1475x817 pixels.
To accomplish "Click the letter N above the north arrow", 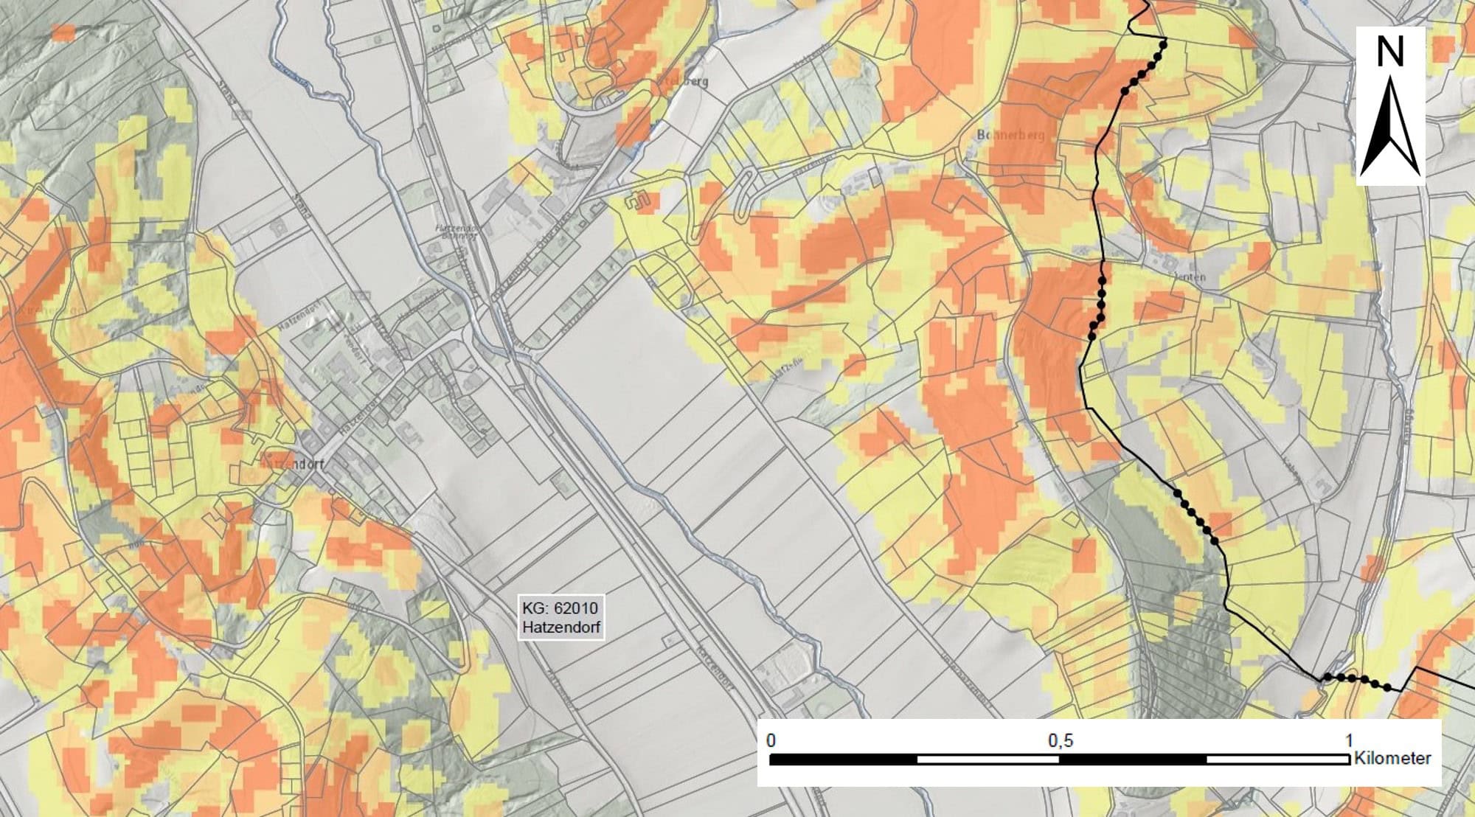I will point(1389,52).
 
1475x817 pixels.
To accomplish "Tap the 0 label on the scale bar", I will point(771,740).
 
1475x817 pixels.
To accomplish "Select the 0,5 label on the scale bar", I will point(1060,740).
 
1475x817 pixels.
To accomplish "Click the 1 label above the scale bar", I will point(1349,740).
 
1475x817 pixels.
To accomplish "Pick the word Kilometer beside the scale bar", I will point(1392,759).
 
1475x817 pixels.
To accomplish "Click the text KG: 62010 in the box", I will point(560,609).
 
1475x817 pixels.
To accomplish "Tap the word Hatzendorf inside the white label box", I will point(561,628).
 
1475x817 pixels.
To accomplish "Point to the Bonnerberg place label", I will point(1010,136).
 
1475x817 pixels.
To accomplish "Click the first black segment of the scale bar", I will point(844,759).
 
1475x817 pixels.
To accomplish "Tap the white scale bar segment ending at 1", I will point(1277,759).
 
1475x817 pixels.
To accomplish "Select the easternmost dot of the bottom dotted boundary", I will point(1388,688).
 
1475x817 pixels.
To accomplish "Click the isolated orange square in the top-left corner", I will point(64,32).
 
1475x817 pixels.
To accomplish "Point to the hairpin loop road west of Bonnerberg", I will point(745,193).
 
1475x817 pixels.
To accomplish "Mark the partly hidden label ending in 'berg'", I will point(686,81).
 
